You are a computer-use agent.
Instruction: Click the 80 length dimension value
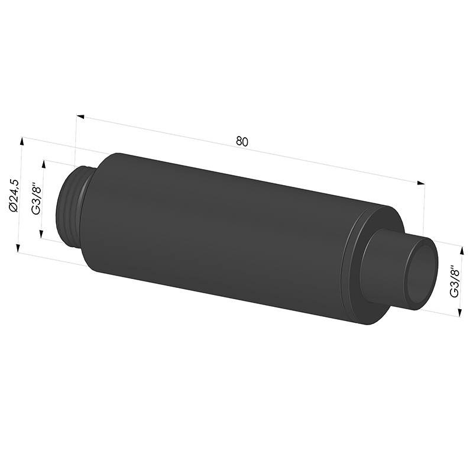pos(242,141)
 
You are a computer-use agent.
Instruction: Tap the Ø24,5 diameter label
pos(14,196)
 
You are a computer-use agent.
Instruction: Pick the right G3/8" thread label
pos(454,281)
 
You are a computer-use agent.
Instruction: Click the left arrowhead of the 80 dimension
pos(80,117)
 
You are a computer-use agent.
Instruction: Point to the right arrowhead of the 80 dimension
pos(421,183)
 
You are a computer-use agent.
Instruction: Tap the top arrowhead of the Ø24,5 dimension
pos(21,141)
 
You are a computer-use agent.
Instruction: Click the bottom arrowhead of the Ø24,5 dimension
pos(18,248)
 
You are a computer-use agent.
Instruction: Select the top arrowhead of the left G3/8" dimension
pos(44,164)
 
